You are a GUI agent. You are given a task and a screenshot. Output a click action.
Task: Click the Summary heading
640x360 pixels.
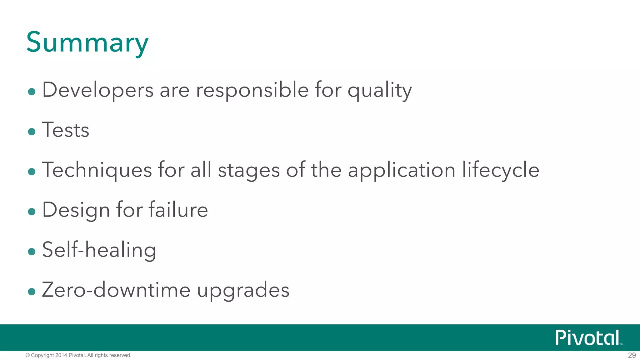(87, 43)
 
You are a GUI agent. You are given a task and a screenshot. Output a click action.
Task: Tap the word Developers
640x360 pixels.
(98, 90)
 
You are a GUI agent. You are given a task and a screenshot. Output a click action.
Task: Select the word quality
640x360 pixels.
(380, 91)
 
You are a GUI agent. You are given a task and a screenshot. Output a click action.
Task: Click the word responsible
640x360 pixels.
(252, 90)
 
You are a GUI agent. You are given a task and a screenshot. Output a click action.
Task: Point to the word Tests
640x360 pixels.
(66, 130)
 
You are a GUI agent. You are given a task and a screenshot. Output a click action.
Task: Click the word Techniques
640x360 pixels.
(97, 170)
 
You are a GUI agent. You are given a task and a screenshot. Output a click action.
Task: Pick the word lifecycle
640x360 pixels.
(501, 170)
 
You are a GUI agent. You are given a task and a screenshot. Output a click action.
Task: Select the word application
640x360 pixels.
(402, 171)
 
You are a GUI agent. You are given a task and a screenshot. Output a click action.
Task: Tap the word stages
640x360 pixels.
(249, 171)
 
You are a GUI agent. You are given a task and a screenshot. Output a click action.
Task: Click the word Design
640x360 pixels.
(76, 210)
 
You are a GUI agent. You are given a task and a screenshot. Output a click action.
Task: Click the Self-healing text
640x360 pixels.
(99, 250)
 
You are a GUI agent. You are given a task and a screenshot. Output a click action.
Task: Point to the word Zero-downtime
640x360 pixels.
(116, 290)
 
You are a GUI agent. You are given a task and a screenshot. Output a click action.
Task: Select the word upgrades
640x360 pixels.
(243, 291)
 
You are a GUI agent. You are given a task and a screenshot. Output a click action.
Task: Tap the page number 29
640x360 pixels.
(632, 355)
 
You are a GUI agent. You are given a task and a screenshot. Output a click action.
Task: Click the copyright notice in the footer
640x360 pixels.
(78, 355)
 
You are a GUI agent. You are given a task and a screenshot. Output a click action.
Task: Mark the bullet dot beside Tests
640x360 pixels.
(32, 132)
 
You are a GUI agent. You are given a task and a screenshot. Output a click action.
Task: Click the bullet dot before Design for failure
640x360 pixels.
(32, 212)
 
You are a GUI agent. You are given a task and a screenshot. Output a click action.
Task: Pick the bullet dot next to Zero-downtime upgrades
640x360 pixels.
(32, 292)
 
